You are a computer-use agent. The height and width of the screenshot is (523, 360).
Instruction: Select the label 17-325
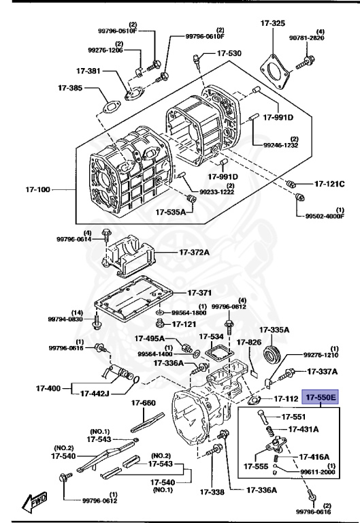[x=272, y=23]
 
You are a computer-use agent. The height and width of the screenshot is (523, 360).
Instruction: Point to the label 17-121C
[x=329, y=184]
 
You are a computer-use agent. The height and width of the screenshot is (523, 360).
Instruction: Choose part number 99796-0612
[x=95, y=502]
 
